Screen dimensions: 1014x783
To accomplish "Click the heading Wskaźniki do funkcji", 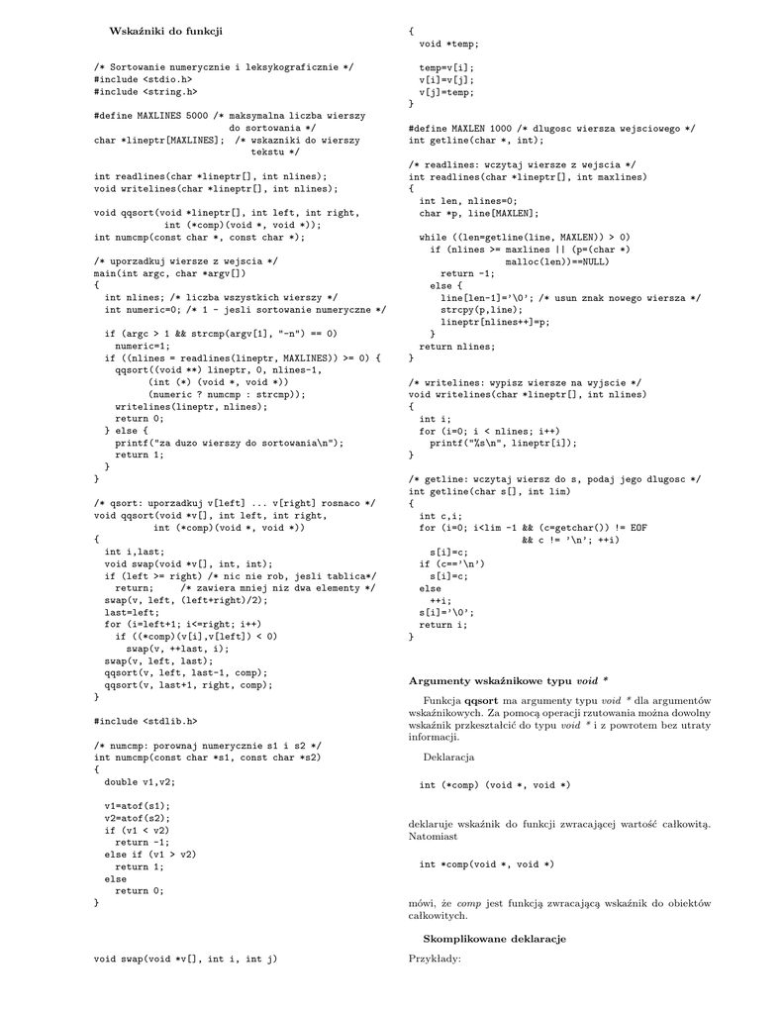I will point(165,32).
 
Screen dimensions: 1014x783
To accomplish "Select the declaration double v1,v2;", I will point(140,781).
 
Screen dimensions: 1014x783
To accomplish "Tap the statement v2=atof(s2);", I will point(137,819).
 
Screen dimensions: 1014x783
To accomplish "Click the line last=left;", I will point(132,612).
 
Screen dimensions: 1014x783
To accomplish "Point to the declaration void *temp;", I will point(448,44).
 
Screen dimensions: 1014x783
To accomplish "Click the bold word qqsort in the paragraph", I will point(484,701).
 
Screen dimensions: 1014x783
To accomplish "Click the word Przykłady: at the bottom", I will point(435,959).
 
